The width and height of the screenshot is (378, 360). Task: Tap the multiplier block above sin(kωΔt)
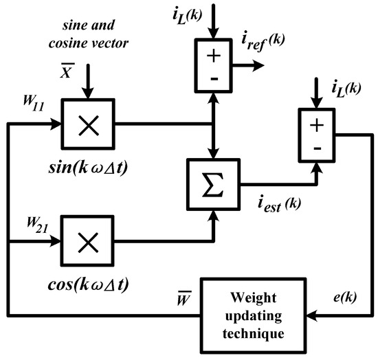(x=88, y=124)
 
